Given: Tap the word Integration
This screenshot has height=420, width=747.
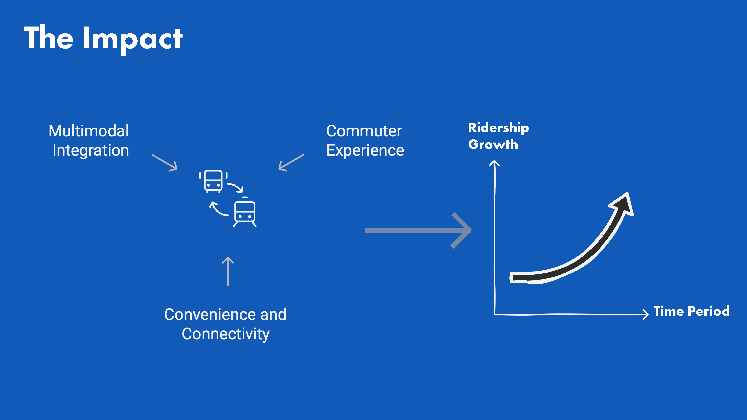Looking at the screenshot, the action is click(x=91, y=150).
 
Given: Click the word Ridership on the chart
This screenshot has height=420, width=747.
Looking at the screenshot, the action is click(x=499, y=128).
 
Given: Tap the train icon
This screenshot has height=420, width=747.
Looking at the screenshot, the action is click(x=245, y=212).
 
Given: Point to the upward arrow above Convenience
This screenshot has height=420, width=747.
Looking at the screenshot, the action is click(x=228, y=271).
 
